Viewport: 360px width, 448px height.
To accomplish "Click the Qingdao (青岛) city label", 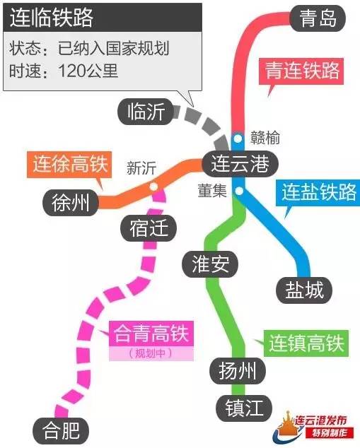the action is coord(318,18).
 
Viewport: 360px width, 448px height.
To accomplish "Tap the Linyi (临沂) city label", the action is coord(146,112).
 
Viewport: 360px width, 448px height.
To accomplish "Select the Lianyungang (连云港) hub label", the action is coord(240,164).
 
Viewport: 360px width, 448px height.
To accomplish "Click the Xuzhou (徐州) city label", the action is coord(71,203).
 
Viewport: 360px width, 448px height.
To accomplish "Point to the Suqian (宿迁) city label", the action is coord(149,228).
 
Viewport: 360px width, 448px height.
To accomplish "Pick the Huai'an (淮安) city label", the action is coord(210,264).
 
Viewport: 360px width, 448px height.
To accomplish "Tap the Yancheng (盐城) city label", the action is coord(304,290).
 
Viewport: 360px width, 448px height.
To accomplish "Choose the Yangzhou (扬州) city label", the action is coord(238,371).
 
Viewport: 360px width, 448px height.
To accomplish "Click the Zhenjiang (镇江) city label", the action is coord(244,408).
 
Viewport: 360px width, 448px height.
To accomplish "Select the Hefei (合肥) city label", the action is coord(61,430).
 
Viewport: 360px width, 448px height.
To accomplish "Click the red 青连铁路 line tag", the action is coord(301,71).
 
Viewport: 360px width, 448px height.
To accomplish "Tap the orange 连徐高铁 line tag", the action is coord(69,164).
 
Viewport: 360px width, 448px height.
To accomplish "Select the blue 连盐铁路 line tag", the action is coord(318,193).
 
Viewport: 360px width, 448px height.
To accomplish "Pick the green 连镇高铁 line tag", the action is coord(306,343).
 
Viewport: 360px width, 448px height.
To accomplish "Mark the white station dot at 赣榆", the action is coord(238,138).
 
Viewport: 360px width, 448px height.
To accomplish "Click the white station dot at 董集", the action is coord(239,191).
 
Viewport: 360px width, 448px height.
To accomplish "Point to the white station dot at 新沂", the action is coord(154,187).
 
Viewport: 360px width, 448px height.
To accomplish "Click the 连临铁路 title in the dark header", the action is coord(52,18).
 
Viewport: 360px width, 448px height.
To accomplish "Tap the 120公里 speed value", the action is coord(88,71).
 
